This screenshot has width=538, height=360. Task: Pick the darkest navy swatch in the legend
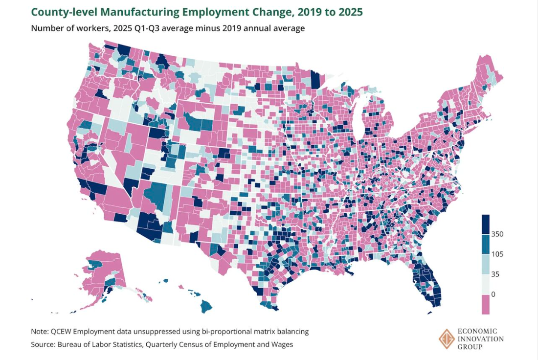486,224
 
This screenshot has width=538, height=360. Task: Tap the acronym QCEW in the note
66,331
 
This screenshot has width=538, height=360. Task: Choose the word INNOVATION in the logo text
480,339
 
